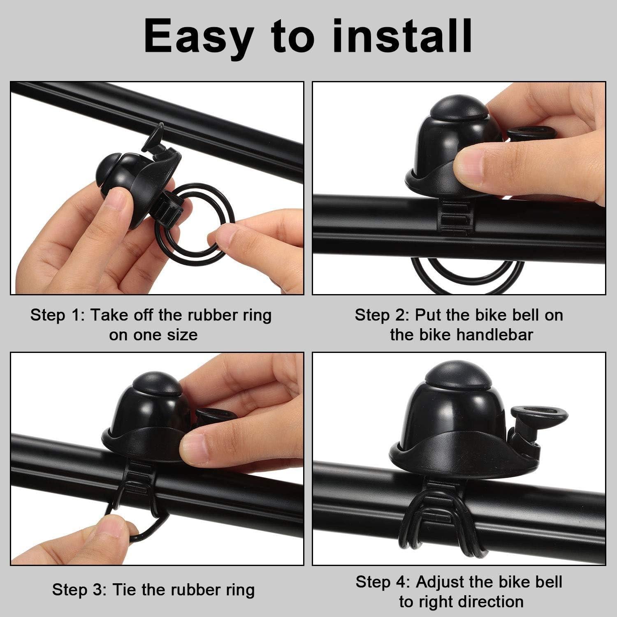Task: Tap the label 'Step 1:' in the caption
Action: tap(57, 315)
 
